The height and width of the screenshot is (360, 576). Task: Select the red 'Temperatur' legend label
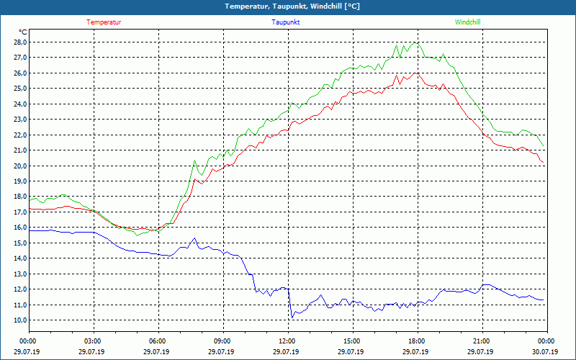pyautogui.click(x=104, y=22)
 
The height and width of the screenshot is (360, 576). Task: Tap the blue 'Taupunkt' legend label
pyautogui.click(x=286, y=22)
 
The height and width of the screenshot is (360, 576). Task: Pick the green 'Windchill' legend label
pyautogui.click(x=468, y=22)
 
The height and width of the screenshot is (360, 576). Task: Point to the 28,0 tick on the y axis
pyautogui.click(x=19, y=42)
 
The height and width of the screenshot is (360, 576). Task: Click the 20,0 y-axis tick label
pyautogui.click(x=19, y=166)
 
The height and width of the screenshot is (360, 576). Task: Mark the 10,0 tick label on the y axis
pyautogui.click(x=19, y=320)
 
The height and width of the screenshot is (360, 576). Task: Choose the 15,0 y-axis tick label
pyautogui.click(x=19, y=243)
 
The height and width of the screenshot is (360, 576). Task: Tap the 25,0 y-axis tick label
pyautogui.click(x=19, y=89)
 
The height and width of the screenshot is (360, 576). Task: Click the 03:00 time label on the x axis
pyautogui.click(x=93, y=341)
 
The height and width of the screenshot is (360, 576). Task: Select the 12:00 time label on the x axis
pyautogui.click(x=287, y=341)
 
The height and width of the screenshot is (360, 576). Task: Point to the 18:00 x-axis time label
pyautogui.click(x=416, y=341)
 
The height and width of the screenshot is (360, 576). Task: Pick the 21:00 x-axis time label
pyautogui.click(x=481, y=341)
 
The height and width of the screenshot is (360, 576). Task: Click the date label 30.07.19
pyautogui.click(x=545, y=351)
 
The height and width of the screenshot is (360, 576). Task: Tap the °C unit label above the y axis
pyautogui.click(x=23, y=32)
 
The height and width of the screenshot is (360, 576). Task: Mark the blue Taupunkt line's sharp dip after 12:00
pyautogui.click(x=291, y=316)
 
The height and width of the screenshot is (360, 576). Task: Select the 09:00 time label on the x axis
pyautogui.click(x=222, y=341)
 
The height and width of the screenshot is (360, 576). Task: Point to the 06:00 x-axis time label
pyautogui.click(x=158, y=341)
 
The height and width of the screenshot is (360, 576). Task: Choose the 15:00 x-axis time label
pyautogui.click(x=351, y=341)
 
